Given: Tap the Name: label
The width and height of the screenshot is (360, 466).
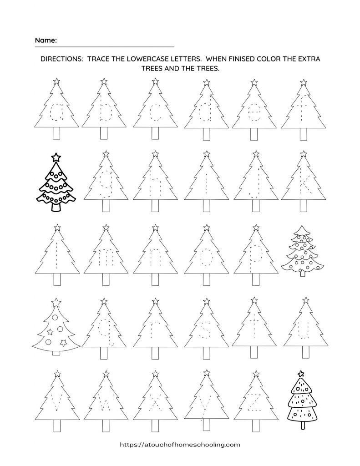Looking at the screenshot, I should pos(46,40).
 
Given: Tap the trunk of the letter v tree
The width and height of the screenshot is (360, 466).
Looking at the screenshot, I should pos(57,425).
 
